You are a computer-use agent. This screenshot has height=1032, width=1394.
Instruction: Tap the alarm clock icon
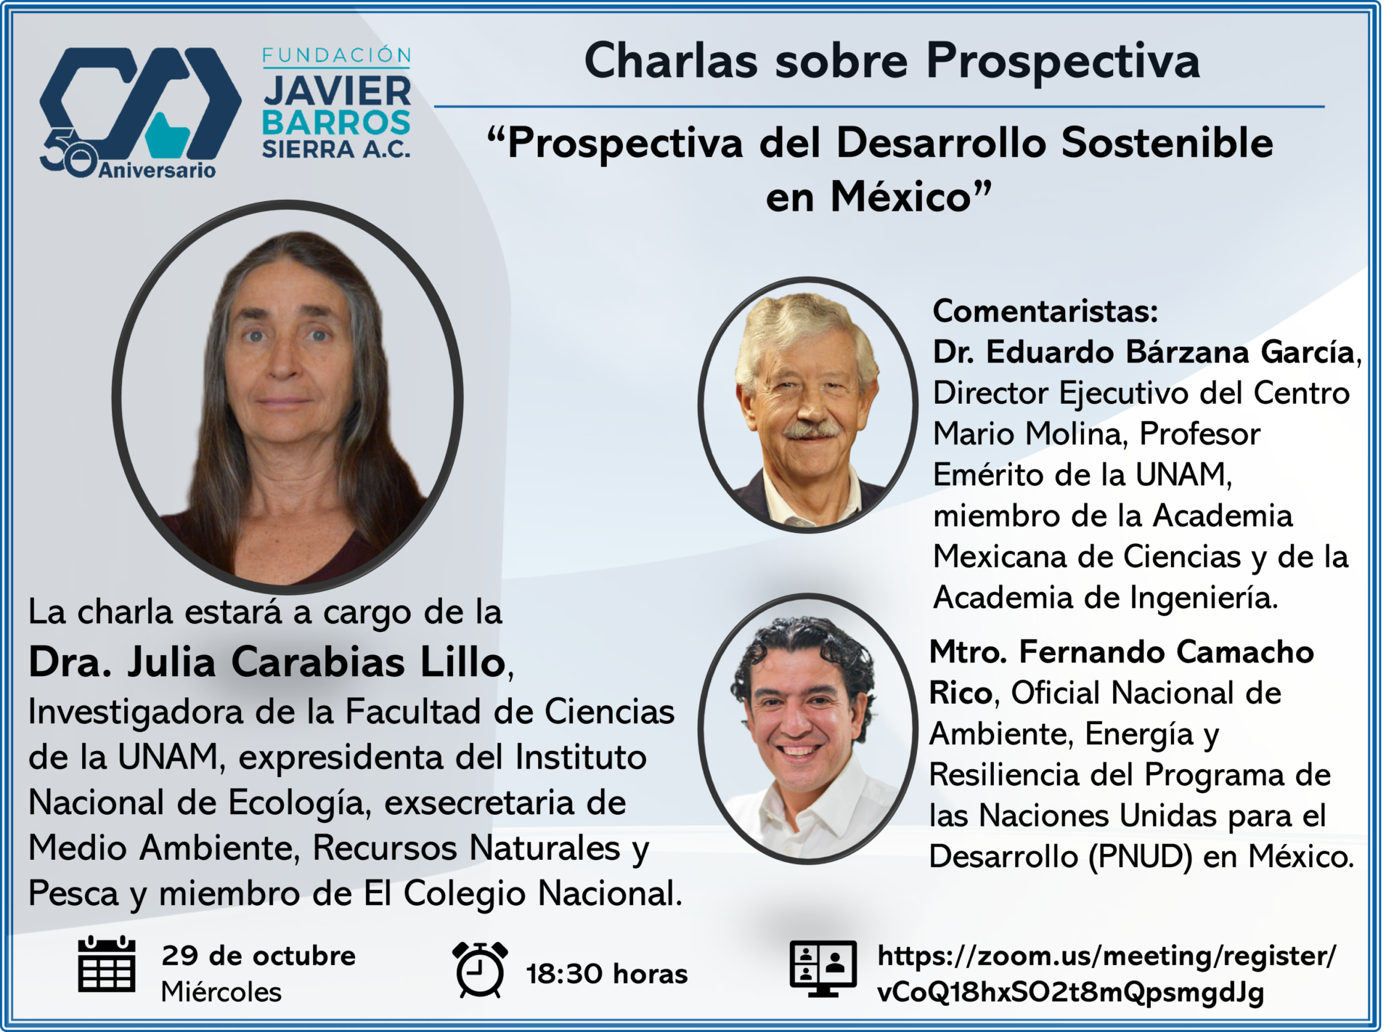click(480, 969)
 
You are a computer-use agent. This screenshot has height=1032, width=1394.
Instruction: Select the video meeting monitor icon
click(823, 968)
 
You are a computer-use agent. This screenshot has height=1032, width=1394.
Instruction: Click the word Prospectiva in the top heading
click(1063, 61)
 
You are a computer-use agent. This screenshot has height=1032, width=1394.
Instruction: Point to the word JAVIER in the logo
click(337, 92)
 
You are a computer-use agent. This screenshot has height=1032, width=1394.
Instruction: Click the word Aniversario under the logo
click(158, 171)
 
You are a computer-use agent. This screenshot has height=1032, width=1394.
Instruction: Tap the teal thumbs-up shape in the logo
click(168, 135)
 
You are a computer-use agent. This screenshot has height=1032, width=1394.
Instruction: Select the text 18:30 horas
click(607, 974)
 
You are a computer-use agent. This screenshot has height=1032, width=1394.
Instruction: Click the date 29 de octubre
click(259, 956)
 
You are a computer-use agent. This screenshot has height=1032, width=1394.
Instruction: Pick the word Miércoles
click(221, 992)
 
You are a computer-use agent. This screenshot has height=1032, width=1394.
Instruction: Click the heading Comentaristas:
click(1045, 311)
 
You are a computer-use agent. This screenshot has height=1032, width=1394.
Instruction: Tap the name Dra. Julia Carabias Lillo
click(267, 662)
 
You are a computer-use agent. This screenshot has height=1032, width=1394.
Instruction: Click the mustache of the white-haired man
click(812, 430)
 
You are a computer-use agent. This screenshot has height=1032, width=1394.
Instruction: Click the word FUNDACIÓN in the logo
click(337, 55)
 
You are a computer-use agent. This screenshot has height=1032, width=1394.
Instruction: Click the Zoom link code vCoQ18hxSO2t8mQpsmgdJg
click(1071, 992)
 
